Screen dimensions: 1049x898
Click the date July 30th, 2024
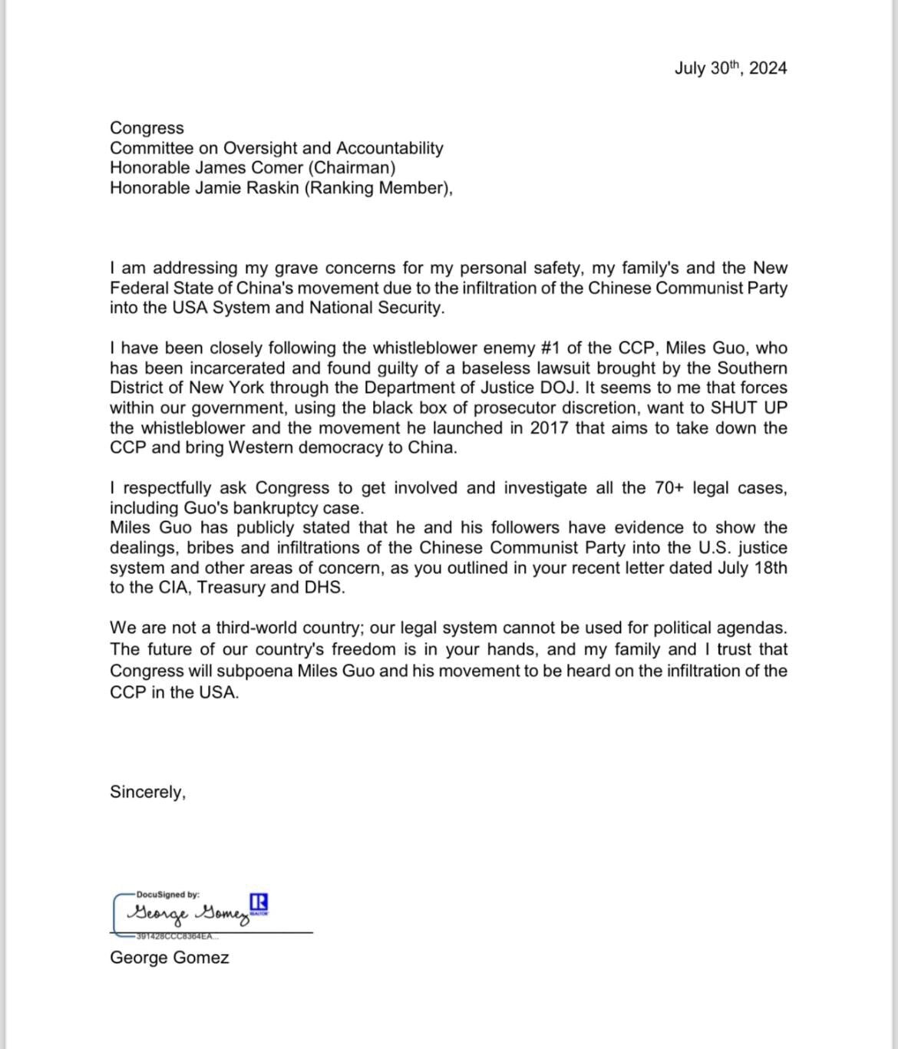pos(730,68)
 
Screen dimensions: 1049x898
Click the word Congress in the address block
pos(147,128)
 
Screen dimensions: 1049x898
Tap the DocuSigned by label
pos(167,895)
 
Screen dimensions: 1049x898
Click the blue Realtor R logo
pos(259,903)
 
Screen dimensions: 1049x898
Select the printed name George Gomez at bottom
pos(169,958)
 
